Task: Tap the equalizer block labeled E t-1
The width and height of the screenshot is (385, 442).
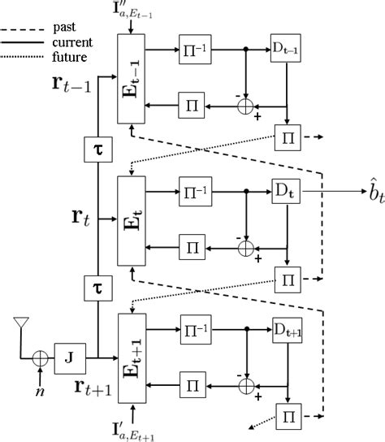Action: (130, 80)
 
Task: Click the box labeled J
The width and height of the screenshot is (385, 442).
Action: (68, 355)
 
